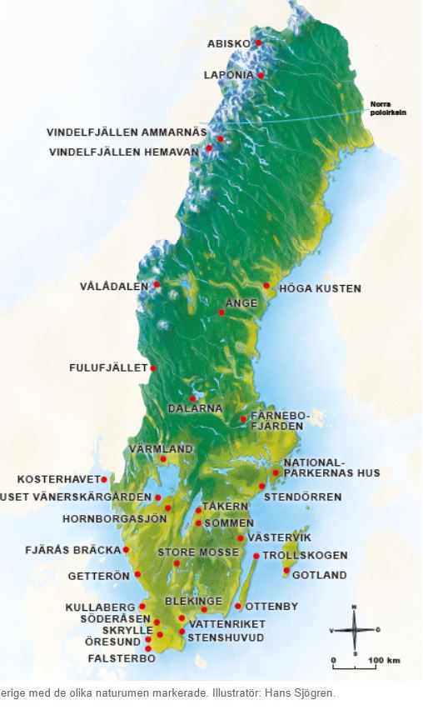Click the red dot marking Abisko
259,42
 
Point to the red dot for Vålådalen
157,284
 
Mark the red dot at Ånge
221,312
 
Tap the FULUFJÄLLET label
107,367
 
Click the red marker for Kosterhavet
104,479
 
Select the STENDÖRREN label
302,497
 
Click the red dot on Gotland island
286,571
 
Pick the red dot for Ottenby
238,606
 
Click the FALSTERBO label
121,658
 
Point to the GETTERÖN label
98,576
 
